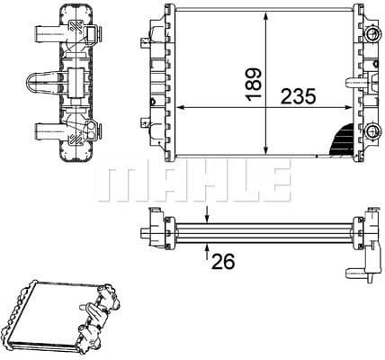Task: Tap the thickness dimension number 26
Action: [x=222, y=262]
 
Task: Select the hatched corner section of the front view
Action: [x=339, y=139]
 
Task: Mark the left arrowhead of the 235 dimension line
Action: [x=177, y=108]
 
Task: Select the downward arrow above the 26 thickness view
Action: [x=208, y=214]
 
